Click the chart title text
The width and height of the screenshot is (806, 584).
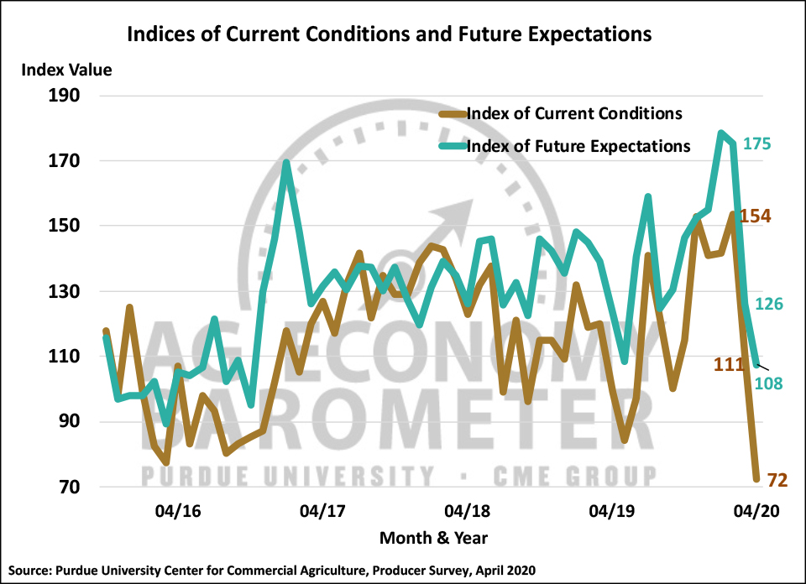click(389, 35)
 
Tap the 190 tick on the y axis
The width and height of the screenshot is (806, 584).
click(62, 96)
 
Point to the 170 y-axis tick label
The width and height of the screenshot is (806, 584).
click(62, 161)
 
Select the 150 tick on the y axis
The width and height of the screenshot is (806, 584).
click(62, 227)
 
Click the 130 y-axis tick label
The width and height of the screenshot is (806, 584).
click(62, 292)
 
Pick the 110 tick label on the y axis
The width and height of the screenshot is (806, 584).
click(62, 357)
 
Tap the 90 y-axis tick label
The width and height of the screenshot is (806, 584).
click(67, 422)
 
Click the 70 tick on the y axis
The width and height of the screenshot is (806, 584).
click(67, 488)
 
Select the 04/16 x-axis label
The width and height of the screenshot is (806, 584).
click(178, 510)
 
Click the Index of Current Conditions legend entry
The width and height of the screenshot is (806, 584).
click(573, 113)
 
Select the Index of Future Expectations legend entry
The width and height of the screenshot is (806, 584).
click(578, 146)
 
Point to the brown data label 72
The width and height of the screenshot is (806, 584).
click(777, 481)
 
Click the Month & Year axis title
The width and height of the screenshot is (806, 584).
click(433, 538)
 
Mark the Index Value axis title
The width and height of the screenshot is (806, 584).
click(66, 70)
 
